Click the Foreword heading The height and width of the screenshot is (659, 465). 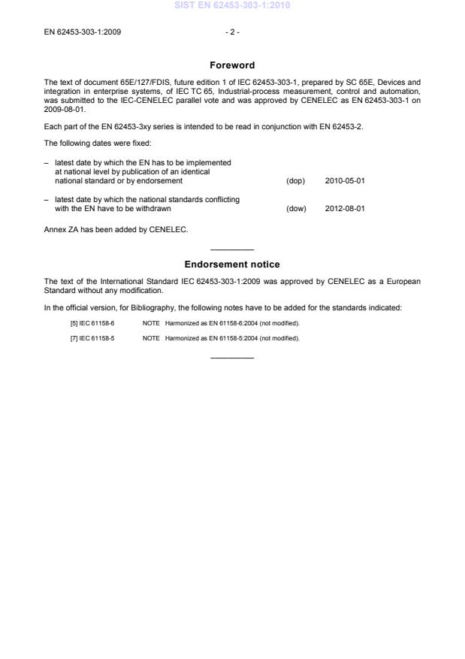tap(232, 65)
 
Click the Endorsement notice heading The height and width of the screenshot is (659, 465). tap(232, 265)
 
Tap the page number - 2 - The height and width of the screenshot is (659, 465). tap(232, 32)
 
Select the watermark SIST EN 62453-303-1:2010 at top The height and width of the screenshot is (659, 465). tap(232, 6)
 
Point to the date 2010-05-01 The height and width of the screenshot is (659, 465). tap(345, 181)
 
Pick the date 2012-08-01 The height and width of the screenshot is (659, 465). tap(345, 209)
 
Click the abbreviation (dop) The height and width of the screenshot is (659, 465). tap(295, 181)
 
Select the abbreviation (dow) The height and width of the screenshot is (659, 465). tap(296, 209)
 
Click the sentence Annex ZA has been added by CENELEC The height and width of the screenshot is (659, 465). tap(116, 230)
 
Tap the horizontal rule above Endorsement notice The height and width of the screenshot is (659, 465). tap(232, 249)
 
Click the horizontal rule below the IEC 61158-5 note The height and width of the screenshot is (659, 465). tap(232, 358)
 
